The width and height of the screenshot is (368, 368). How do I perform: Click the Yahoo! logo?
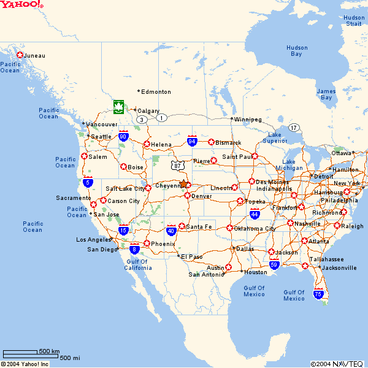tap(21, 4)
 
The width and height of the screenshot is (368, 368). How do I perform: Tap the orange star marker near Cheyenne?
tap(183, 183)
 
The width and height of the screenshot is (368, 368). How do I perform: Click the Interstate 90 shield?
tap(123, 136)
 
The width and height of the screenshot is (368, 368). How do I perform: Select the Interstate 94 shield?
tap(192, 142)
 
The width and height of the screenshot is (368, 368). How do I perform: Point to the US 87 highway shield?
tap(177, 166)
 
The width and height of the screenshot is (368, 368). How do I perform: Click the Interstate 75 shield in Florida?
tap(318, 294)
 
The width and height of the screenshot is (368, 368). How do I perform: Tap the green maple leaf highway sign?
tap(118, 107)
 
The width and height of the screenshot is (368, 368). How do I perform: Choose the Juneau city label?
tap(34, 56)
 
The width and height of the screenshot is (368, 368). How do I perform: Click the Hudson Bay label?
tap(297, 51)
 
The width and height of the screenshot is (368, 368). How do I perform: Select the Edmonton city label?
tap(156, 92)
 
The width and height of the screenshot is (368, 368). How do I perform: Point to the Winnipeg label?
tap(248, 119)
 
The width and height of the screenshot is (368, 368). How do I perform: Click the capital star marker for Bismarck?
tap(212, 142)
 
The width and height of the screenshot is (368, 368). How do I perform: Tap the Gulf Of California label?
tap(137, 265)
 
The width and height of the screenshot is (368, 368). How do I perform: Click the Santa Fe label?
tap(199, 227)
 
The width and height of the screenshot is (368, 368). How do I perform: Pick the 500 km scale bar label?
tap(49, 351)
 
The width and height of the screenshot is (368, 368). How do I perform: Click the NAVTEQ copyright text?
tap(337, 364)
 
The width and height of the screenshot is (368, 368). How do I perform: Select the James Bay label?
tap(326, 94)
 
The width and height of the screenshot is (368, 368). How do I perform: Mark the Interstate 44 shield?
tap(255, 214)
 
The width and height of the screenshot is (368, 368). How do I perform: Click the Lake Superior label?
tap(274, 138)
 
